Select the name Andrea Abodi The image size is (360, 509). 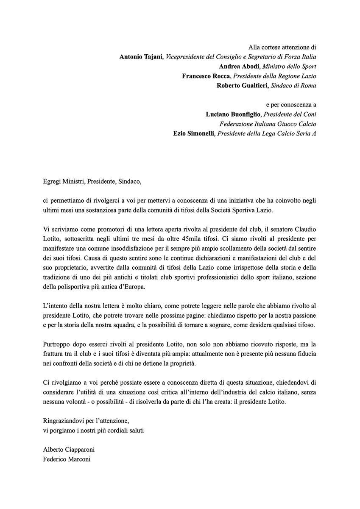(x=239, y=67)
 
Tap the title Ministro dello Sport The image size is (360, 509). (x=289, y=67)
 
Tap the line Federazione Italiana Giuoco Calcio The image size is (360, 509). (x=268, y=124)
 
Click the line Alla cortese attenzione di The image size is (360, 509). (x=282, y=48)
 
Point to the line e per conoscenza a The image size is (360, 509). (x=291, y=105)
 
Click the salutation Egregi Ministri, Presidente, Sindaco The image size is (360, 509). (x=92, y=182)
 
